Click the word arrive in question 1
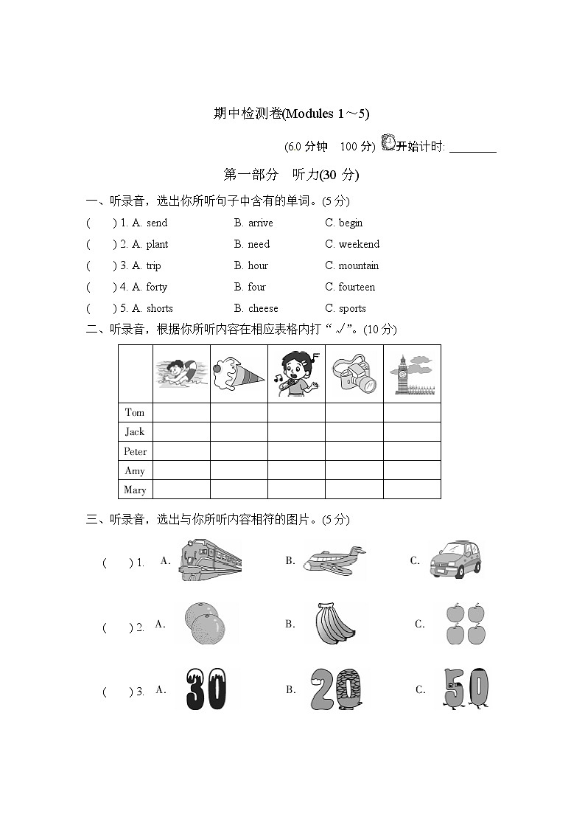click(x=260, y=223)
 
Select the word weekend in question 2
click(x=359, y=244)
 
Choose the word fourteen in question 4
click(x=357, y=287)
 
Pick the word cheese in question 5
click(x=263, y=308)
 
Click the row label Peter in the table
click(x=136, y=451)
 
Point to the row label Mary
click(x=136, y=490)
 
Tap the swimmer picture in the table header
click(x=181, y=373)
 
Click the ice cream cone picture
click(x=238, y=373)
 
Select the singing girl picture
click(x=295, y=373)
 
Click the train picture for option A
click(x=210, y=560)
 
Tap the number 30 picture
click(x=206, y=689)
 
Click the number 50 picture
click(x=466, y=689)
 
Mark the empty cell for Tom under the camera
click(x=354, y=412)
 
